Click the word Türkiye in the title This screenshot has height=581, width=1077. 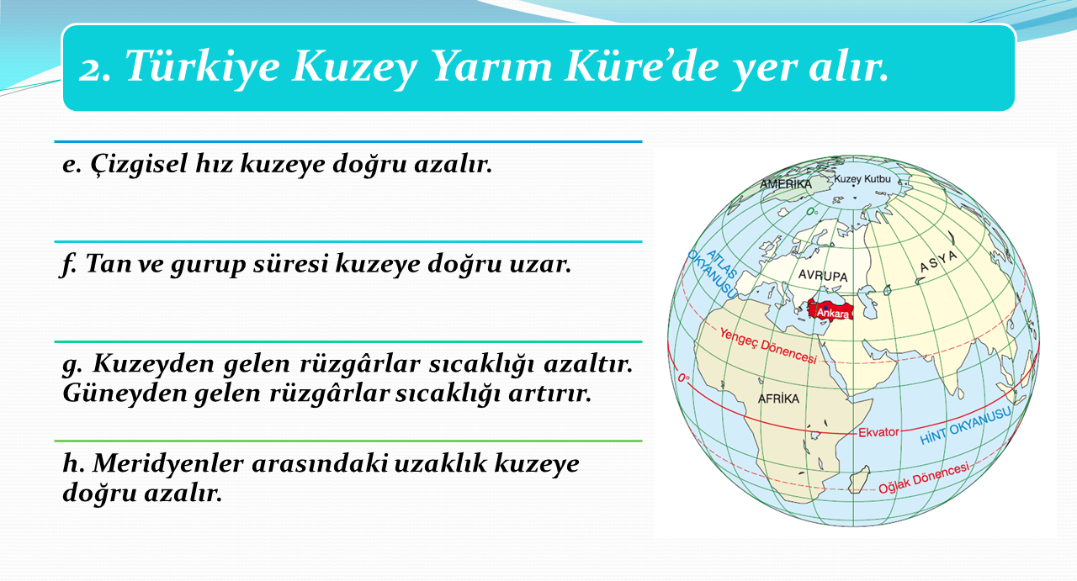click(x=203, y=66)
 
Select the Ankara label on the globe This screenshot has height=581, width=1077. click(x=832, y=314)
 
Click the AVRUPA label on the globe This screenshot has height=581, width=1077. click(x=823, y=275)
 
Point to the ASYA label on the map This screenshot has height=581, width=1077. click(x=938, y=261)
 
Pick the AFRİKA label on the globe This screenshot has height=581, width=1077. click(x=778, y=399)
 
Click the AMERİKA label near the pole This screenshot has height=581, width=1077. click(x=786, y=184)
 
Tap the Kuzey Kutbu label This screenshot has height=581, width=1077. click(x=862, y=179)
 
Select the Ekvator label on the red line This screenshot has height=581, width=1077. click(x=878, y=432)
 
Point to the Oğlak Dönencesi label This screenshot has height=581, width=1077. click(x=924, y=478)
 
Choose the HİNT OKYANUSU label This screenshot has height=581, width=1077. click(x=965, y=425)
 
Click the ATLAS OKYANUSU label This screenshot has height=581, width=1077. click(x=714, y=273)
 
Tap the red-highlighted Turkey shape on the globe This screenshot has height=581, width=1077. click(x=830, y=309)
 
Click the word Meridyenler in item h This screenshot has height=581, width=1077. click(x=167, y=464)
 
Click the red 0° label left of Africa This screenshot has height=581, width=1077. click(x=684, y=378)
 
